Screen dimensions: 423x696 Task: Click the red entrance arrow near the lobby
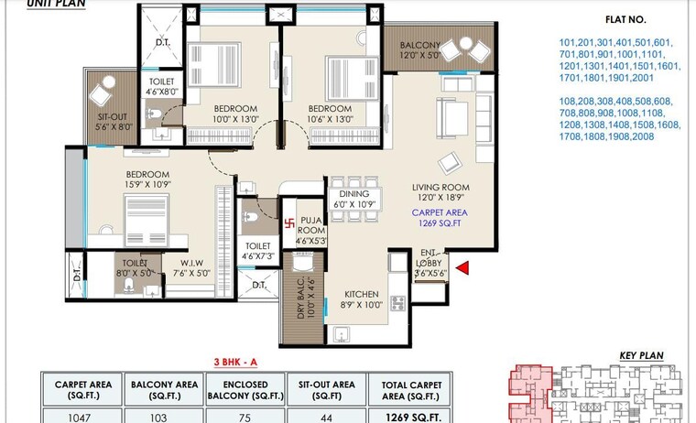463,268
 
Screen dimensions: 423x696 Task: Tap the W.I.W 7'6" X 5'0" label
191,266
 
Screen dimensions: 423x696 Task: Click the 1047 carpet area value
82,416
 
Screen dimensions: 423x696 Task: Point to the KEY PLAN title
641,355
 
